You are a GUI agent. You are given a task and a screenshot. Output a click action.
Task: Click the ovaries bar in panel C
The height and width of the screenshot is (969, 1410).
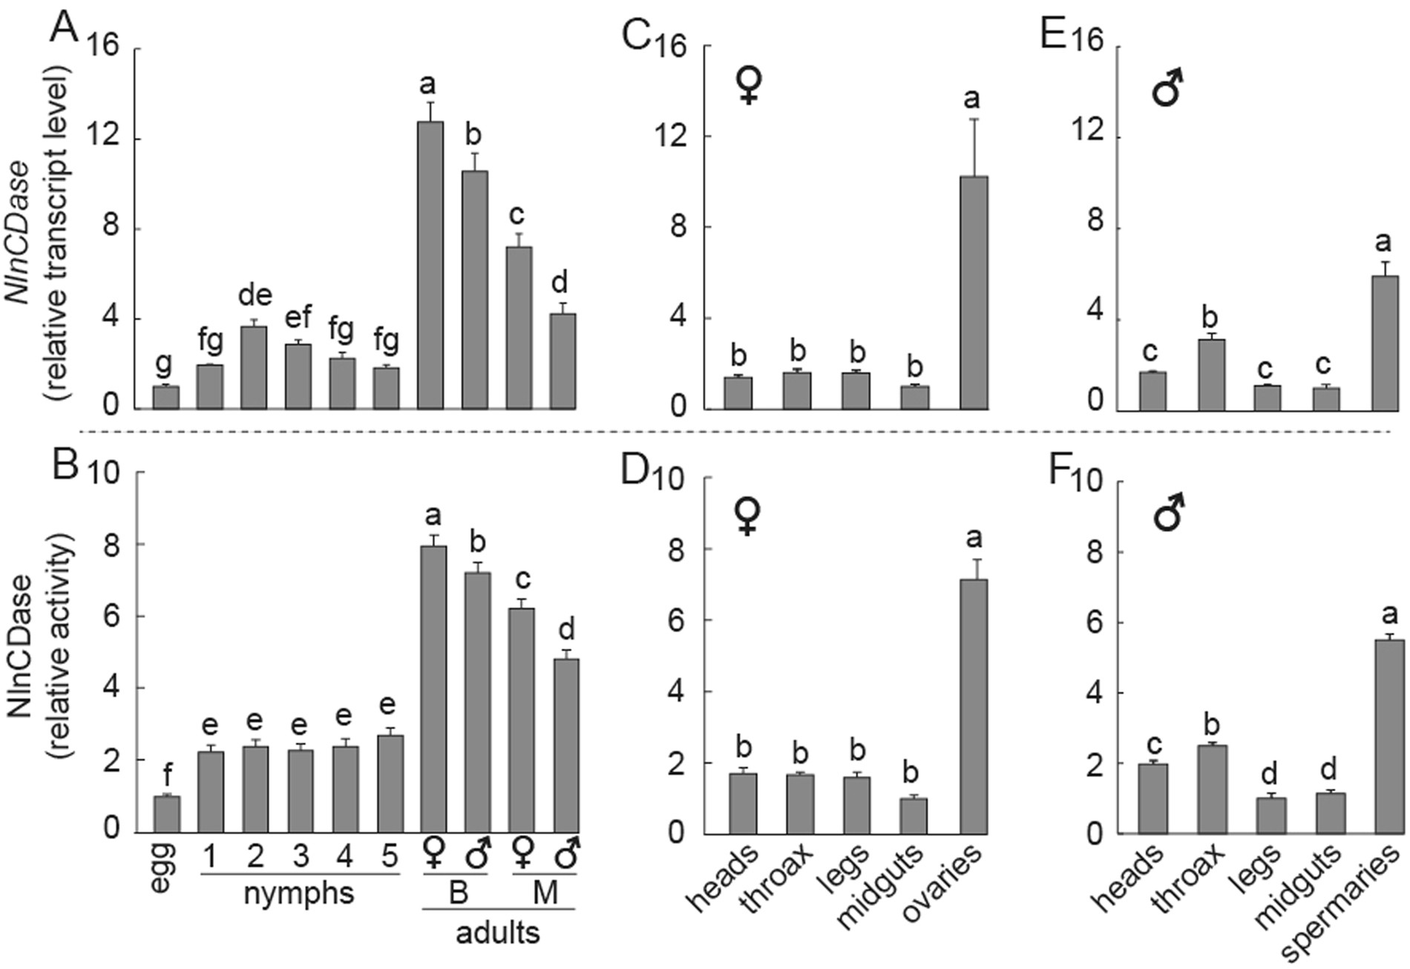coord(973,292)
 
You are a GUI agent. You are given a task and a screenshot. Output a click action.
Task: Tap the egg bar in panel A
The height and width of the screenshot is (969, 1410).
coord(165,398)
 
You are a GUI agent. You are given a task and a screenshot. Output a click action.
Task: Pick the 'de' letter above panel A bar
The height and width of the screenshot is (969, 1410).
coord(255,296)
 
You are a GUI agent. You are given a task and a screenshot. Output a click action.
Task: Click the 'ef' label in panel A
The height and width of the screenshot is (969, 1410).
coord(298,317)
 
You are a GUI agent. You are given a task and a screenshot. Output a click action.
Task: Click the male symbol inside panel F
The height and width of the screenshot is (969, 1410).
coord(1169,513)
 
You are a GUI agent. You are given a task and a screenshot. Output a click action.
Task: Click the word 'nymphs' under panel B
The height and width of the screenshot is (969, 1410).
coord(299,893)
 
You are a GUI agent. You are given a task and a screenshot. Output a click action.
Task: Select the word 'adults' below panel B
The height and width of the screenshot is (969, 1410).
coord(497,932)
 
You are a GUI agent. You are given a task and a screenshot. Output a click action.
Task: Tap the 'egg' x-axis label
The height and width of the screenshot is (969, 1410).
coord(165,866)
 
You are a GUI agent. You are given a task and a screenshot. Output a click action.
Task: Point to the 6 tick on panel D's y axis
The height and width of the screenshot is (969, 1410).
coord(674,620)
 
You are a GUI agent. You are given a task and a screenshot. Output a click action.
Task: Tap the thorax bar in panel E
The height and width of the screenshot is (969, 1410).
coord(1211,374)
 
